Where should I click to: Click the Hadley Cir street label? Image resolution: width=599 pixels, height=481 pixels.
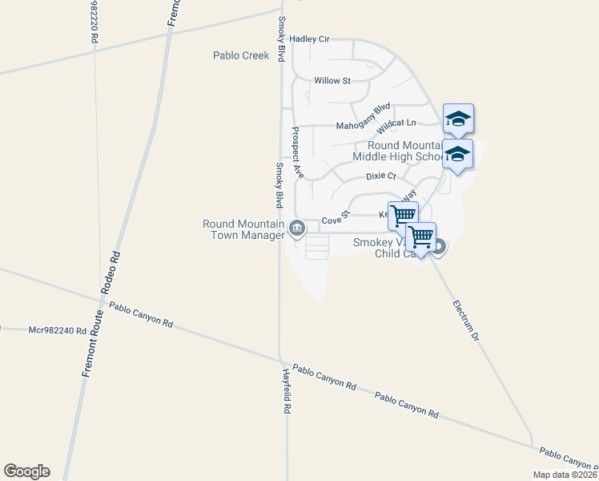[309, 38]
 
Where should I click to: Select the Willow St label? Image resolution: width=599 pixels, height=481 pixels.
[332, 81]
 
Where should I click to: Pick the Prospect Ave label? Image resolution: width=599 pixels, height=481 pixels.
[297, 151]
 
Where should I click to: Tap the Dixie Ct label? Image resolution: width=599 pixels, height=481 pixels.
[381, 176]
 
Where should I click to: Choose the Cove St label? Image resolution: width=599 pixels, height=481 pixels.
[336, 218]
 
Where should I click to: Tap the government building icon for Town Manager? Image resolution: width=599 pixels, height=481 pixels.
[297, 229]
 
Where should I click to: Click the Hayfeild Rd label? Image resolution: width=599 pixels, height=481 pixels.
[286, 391]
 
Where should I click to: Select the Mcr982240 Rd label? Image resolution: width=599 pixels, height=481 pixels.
[57, 329]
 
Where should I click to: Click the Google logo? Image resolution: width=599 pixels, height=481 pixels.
[26, 471]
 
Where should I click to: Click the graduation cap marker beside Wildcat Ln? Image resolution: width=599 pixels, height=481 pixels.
[457, 119]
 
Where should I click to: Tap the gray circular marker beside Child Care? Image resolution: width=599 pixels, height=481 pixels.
[438, 249]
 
